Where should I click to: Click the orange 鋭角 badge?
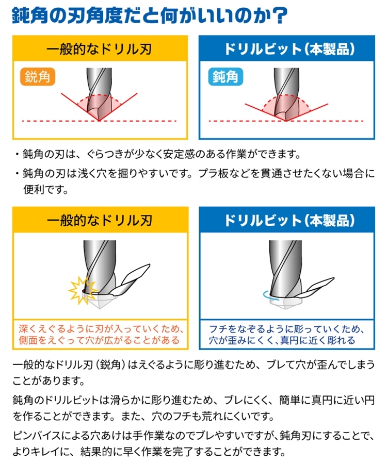pyautogui.click(x=38, y=77)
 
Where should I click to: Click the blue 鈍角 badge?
pyautogui.click(x=225, y=77)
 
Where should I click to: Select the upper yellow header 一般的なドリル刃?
pyautogui.click(x=100, y=49)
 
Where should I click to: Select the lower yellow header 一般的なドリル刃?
pyautogui.click(x=100, y=220)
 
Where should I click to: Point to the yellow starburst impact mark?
pyautogui.click(x=80, y=290)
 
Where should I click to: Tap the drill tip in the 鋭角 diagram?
pyautogui.click(x=99, y=121)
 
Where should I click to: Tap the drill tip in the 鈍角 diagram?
pyautogui.click(x=286, y=121)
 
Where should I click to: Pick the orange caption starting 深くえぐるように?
pyautogui.click(x=100, y=335)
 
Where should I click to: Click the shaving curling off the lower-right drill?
pyautogui.click(x=316, y=288)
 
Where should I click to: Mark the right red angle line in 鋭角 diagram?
pyautogui.click(x=118, y=107)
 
